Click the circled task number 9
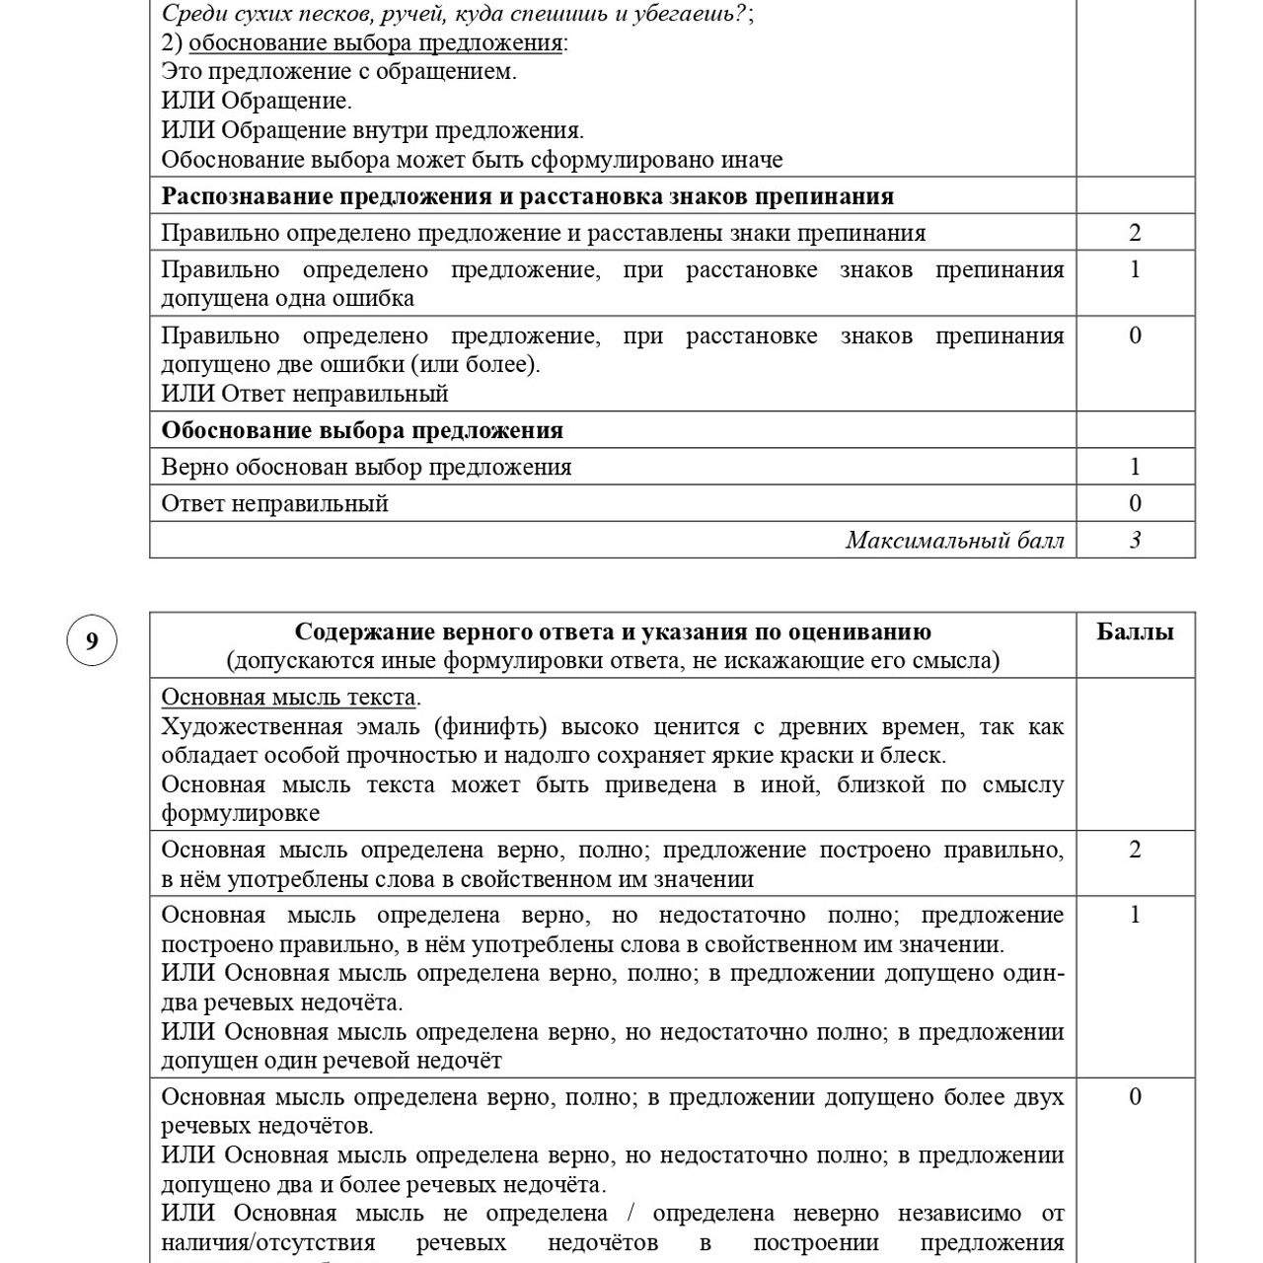coord(92,641)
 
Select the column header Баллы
coord(1135,631)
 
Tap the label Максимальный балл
coord(954,540)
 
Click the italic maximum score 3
coord(1135,540)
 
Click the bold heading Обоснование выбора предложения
coord(362,430)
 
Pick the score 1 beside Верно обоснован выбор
coord(1135,467)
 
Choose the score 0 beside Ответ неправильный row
coord(1135,503)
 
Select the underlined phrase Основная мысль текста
coord(288,697)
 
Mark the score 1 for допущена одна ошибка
coord(1135,269)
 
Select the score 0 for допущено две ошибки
coord(1135,335)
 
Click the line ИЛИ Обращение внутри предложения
coord(372,130)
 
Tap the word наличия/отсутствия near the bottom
coord(267,1242)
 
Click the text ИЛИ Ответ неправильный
coord(304,394)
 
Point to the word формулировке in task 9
coord(240,813)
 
